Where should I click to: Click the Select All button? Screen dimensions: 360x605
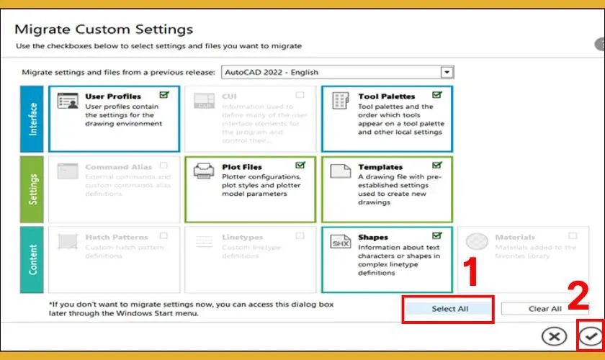(x=449, y=309)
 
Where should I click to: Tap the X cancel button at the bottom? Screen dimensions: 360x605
(x=554, y=336)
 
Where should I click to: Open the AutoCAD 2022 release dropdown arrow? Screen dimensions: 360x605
(x=447, y=72)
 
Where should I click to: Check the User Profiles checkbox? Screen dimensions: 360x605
(x=164, y=95)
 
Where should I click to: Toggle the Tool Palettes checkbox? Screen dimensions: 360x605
(x=437, y=95)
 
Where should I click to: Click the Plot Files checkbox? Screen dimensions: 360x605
(x=300, y=166)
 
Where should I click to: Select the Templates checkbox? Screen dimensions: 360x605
(x=437, y=166)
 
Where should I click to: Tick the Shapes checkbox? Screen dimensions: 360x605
(x=437, y=235)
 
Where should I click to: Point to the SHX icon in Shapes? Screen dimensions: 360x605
(x=340, y=243)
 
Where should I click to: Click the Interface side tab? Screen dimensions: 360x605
(x=32, y=120)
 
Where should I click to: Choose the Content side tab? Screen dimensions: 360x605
(x=32, y=260)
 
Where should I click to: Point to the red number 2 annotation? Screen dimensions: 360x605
(x=580, y=296)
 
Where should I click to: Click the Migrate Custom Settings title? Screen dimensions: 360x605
(x=104, y=30)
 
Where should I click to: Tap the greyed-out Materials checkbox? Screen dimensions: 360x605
(x=573, y=235)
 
